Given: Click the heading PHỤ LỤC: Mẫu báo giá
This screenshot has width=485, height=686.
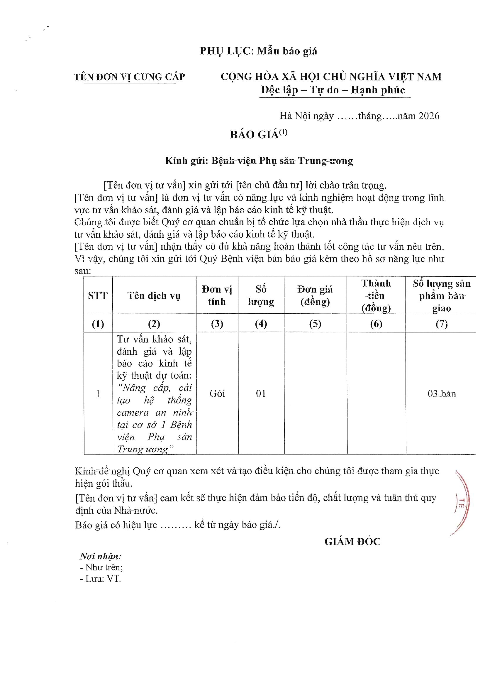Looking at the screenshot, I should [x=258, y=51].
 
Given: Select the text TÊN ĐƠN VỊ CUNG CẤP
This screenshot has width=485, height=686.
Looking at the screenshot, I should [x=129, y=77].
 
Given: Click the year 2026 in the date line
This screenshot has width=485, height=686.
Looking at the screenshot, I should [x=429, y=116].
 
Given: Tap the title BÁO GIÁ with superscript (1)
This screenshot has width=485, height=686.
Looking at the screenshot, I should [x=259, y=134].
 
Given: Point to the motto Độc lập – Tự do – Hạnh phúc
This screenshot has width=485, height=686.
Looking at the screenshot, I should [x=333, y=90].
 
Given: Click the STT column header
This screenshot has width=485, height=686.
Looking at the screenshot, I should [x=98, y=295].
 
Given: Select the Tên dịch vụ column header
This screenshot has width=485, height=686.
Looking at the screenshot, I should [x=154, y=295].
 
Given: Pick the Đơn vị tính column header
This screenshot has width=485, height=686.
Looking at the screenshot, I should [x=217, y=295].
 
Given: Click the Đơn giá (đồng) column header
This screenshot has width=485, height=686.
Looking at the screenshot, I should [x=315, y=295].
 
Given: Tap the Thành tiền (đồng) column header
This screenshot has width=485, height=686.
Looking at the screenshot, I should [x=376, y=295].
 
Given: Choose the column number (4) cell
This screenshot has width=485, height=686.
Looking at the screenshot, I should [x=261, y=324].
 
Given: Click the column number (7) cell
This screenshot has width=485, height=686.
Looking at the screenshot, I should [x=441, y=324].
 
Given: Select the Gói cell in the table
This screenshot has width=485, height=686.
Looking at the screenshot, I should [x=217, y=394].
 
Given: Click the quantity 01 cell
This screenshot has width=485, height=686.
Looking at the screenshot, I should [x=261, y=394].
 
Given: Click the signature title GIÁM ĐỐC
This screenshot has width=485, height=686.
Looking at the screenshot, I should [x=352, y=542].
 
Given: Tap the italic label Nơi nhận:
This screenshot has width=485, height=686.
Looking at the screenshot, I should [x=100, y=556].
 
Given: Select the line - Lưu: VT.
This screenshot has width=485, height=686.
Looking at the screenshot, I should [x=100, y=579].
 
